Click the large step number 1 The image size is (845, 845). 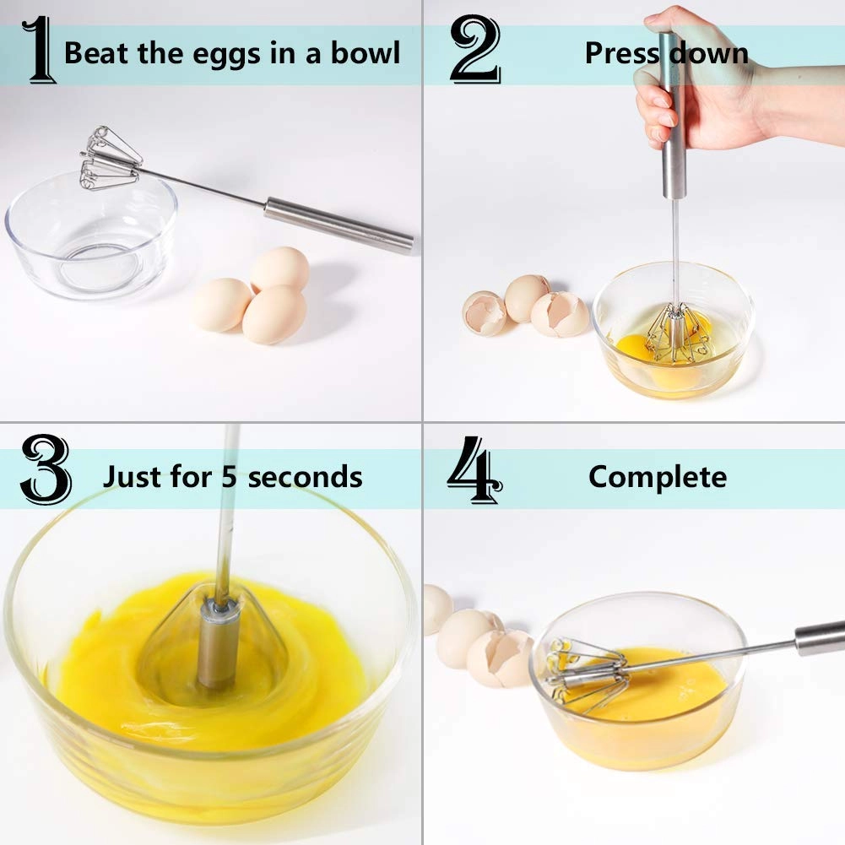41,52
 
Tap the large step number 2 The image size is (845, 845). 474,51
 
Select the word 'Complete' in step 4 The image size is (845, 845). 657,477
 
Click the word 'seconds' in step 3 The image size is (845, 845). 305,477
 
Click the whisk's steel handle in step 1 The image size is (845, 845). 338,224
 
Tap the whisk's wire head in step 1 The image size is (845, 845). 110,158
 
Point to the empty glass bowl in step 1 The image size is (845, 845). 91,241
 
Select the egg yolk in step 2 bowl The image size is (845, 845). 633,346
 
